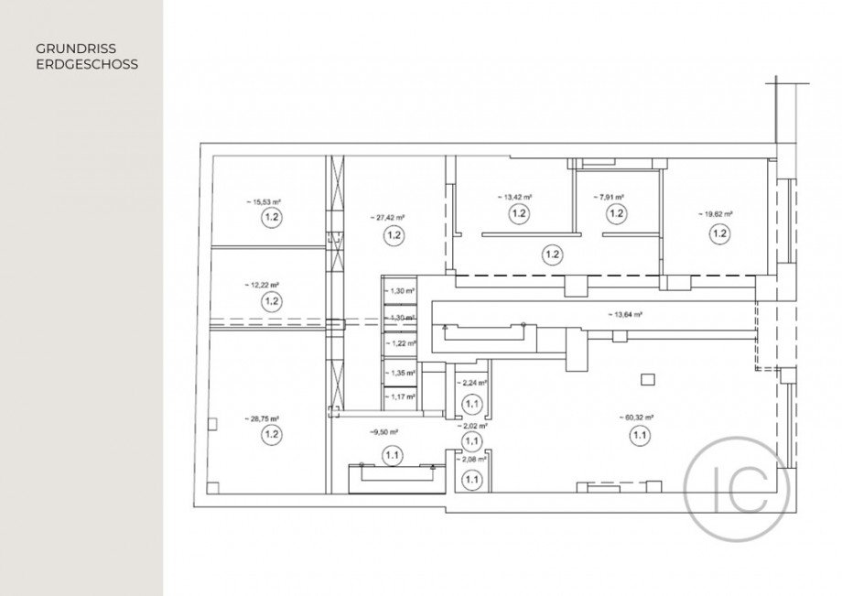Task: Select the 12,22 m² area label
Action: [264, 285]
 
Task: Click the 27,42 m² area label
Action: [389, 217]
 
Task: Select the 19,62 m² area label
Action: [716, 214]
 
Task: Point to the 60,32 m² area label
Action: [637, 418]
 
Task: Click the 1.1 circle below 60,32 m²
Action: [638, 437]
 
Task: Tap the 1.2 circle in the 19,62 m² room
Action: [719, 233]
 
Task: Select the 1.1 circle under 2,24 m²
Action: [472, 402]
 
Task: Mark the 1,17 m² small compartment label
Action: [403, 396]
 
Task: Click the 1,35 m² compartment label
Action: [403, 374]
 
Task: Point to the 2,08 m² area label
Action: [472, 461]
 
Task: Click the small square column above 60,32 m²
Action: [648, 378]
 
